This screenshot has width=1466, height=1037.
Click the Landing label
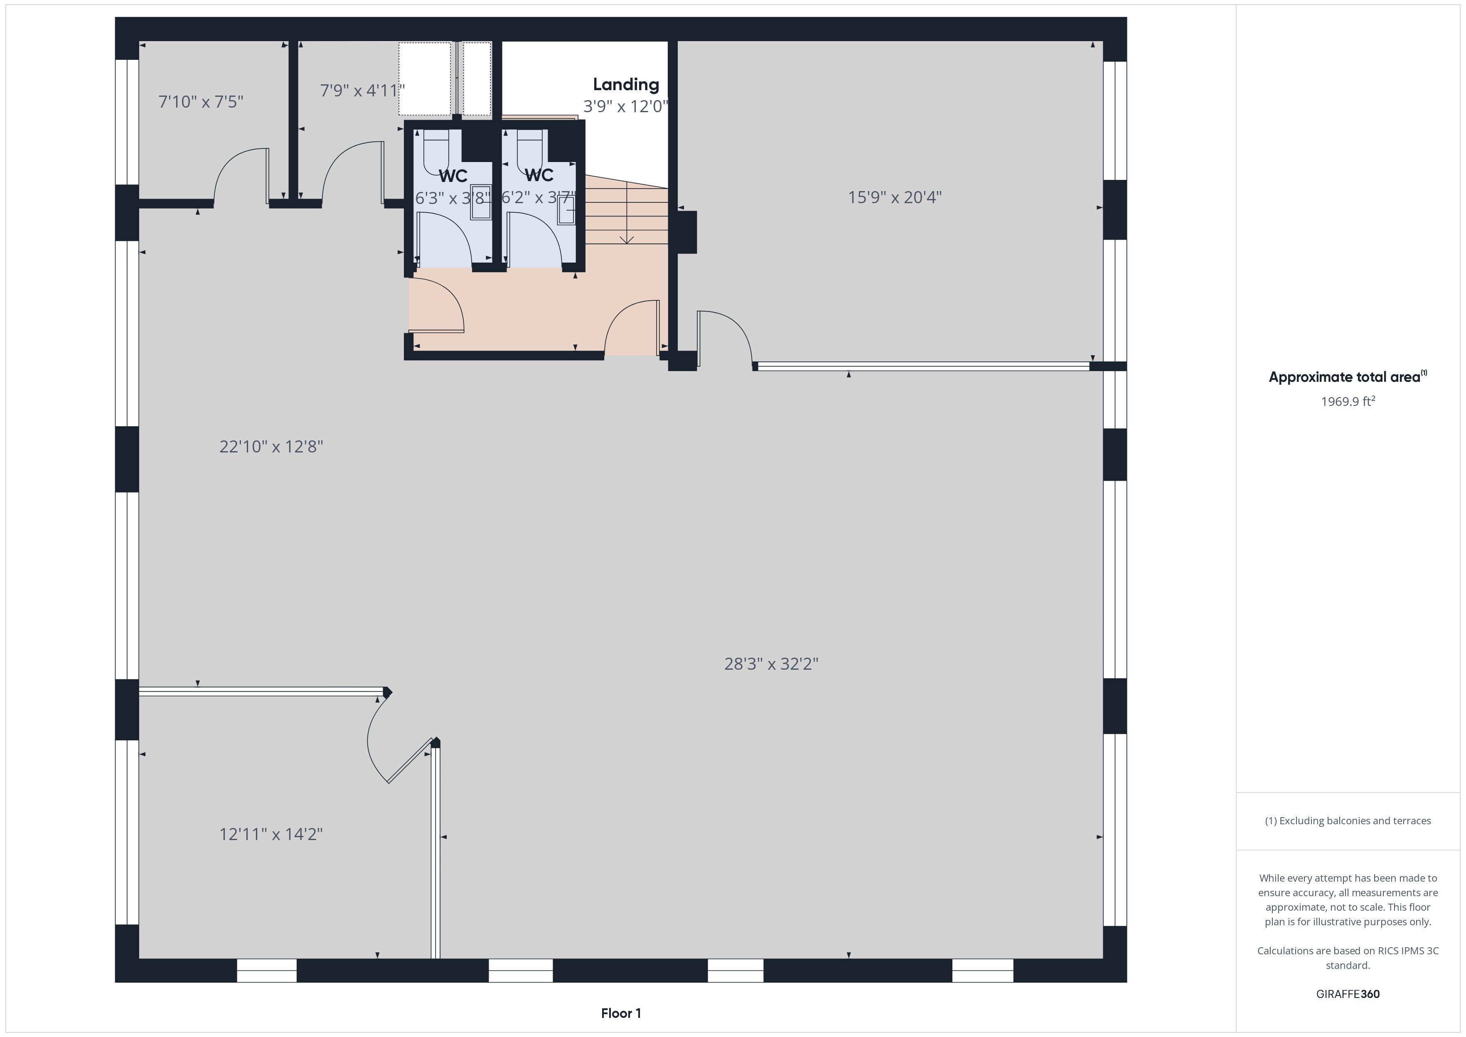[626, 84]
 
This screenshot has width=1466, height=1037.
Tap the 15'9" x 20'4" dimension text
[895, 197]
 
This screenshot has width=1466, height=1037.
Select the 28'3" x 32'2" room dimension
[771, 664]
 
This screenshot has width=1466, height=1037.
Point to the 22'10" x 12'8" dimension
[271, 446]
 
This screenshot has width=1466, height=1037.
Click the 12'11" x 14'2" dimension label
[271, 834]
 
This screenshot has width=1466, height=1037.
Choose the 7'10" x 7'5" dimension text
[201, 101]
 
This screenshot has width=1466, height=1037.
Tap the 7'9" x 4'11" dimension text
[362, 91]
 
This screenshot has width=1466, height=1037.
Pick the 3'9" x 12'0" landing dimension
[626, 106]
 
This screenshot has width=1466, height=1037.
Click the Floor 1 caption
[621, 1013]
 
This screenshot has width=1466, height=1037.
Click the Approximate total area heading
[1347, 377]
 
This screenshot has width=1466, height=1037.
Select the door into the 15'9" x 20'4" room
[726, 339]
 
